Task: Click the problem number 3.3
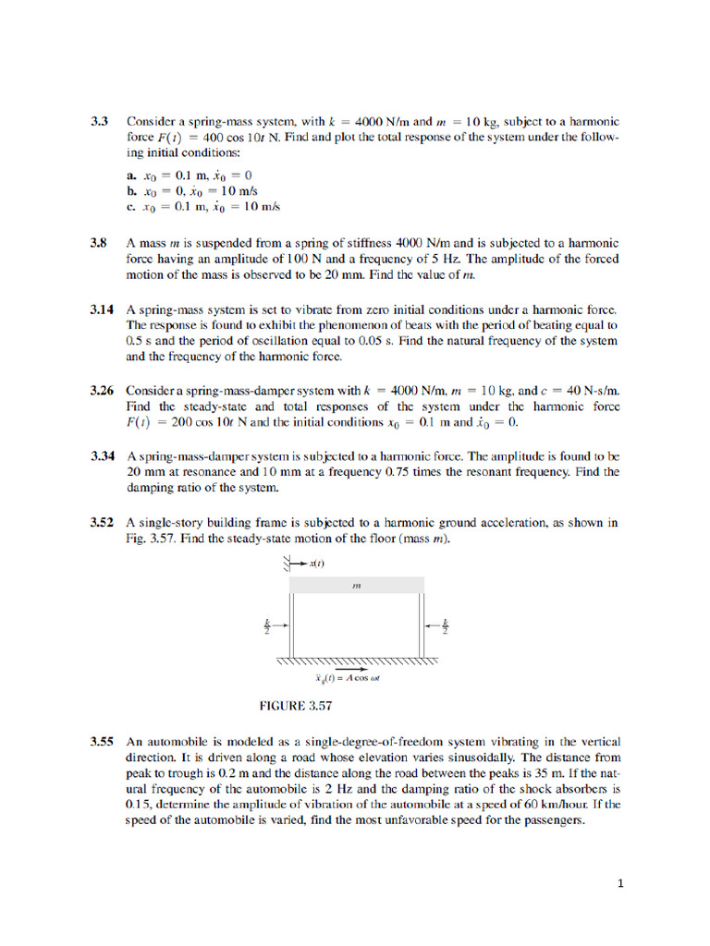coord(100,121)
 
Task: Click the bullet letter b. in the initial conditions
coord(133,190)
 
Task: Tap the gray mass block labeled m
coord(357,585)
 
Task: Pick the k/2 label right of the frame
coord(445,626)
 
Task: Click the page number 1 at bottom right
coord(621,883)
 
